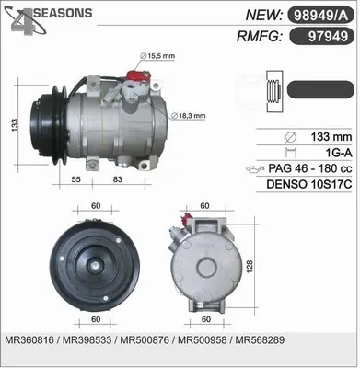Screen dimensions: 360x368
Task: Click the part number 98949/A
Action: tap(320, 16)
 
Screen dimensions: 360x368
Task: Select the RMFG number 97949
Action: tap(328, 37)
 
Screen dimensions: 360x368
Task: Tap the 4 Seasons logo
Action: tap(48, 19)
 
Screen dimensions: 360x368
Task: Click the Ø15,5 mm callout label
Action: tap(157, 56)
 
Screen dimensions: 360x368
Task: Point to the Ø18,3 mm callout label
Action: tap(188, 116)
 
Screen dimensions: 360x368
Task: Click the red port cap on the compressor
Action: tap(137, 76)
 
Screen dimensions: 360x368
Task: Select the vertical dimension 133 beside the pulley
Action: tap(15, 125)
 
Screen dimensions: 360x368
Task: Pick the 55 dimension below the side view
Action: tap(75, 179)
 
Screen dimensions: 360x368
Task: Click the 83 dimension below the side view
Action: tap(118, 179)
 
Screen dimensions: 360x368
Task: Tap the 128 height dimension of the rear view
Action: tap(250, 267)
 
